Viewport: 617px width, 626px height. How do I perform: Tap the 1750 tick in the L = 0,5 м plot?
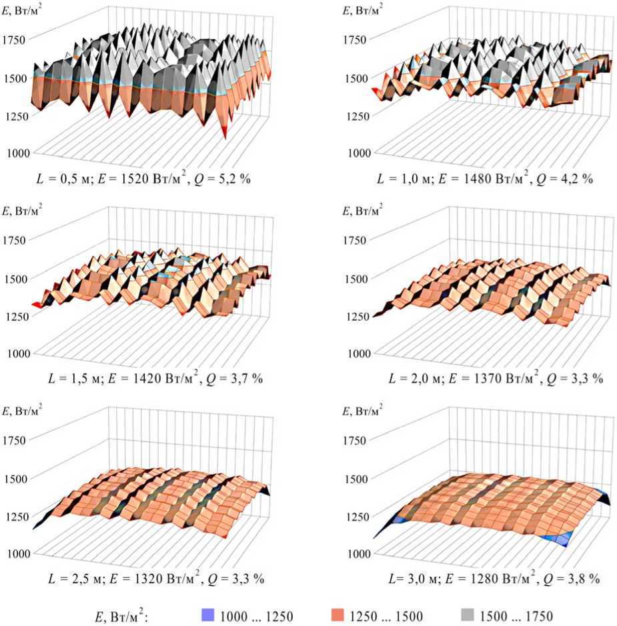15,39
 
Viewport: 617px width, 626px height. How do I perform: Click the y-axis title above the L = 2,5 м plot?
21,411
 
